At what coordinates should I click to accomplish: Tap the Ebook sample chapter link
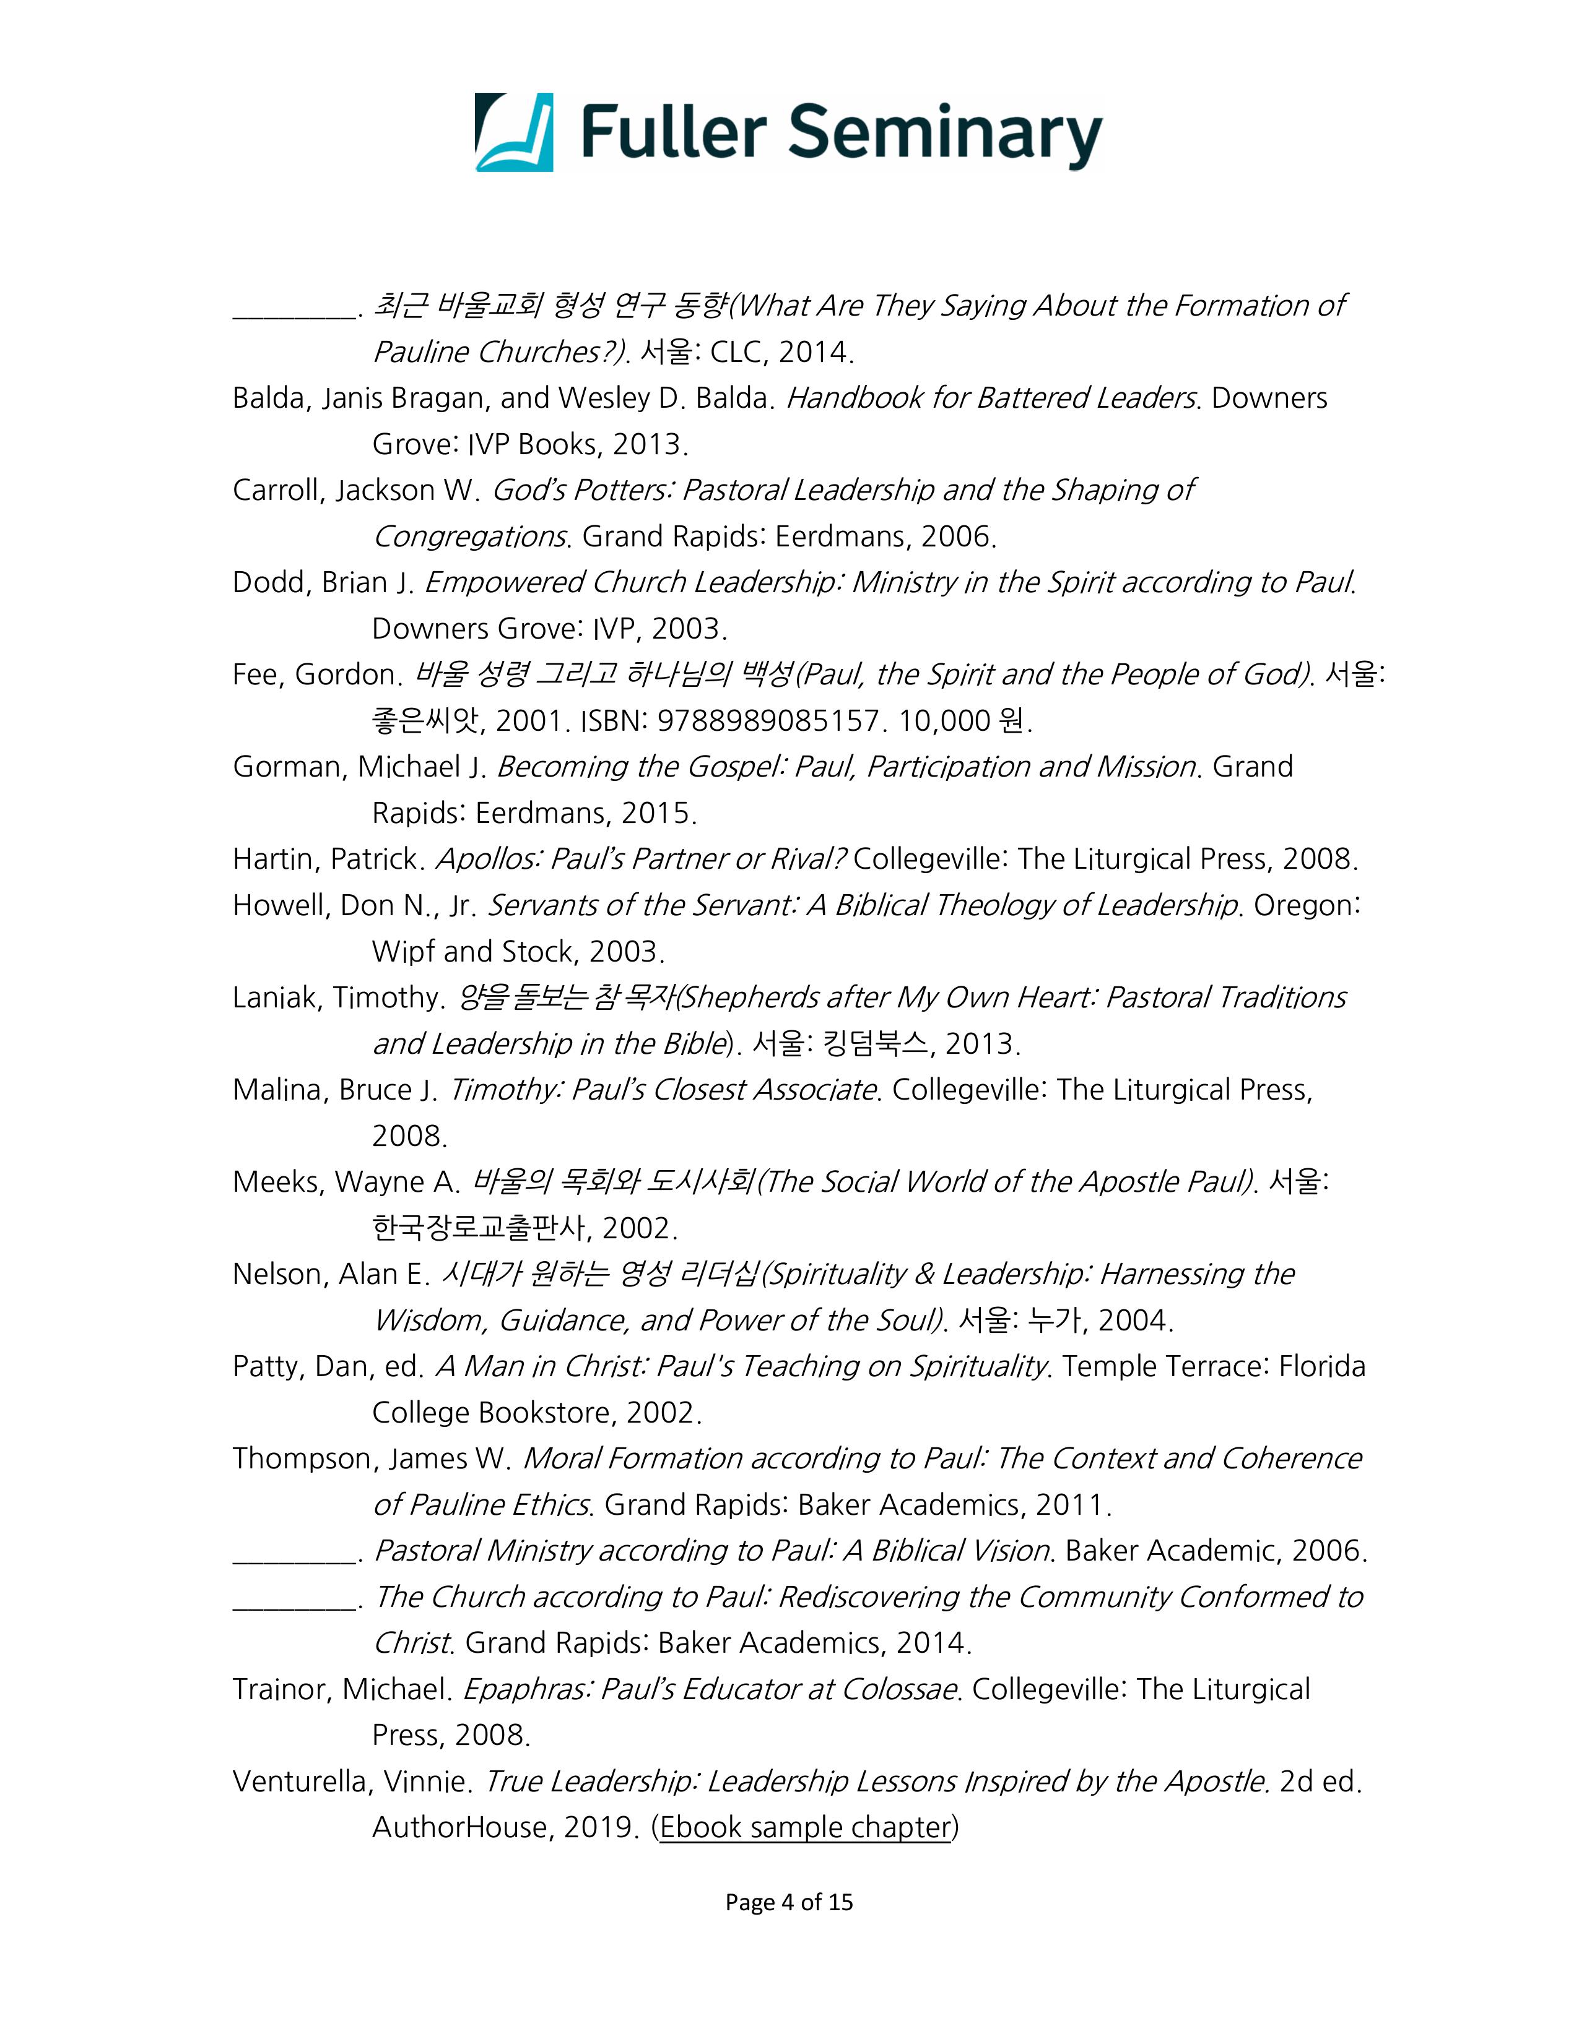click(804, 1827)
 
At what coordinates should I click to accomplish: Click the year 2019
click(599, 1827)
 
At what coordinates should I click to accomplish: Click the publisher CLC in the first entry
click(737, 353)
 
